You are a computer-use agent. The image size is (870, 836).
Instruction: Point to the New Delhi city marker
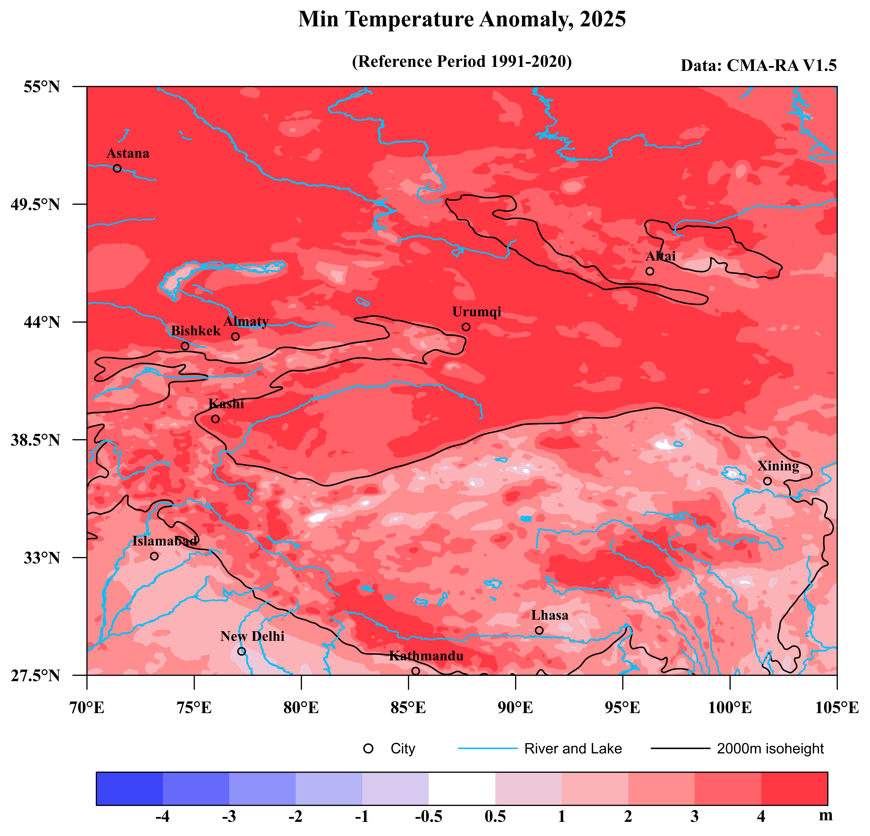[242, 651]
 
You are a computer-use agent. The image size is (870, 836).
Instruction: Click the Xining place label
[778, 466]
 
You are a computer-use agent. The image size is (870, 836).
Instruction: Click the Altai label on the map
[660, 256]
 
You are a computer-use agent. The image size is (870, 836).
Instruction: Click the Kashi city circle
[215, 419]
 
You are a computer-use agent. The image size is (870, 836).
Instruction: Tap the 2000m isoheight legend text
[770, 749]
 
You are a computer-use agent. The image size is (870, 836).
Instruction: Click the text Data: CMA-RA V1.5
[759, 66]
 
